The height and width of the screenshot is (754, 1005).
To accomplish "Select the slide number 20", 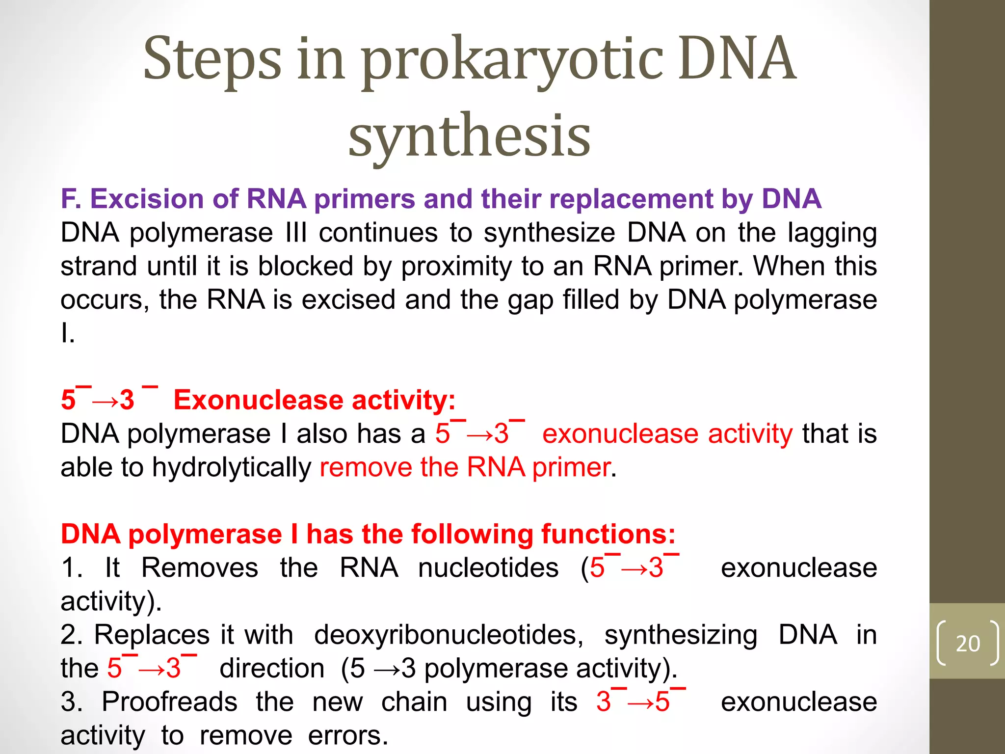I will (968, 644).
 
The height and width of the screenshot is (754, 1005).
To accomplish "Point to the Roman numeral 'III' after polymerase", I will (296, 233).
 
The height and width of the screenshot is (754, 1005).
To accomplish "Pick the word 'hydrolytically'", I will (232, 467).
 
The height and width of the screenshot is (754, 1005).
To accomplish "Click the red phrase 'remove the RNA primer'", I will (465, 467).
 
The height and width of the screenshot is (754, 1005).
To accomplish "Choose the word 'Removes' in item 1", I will (199, 568).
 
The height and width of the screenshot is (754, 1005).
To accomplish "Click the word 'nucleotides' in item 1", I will (488, 568).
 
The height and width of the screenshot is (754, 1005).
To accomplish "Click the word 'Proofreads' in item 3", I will (169, 702).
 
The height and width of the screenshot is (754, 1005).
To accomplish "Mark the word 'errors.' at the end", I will (348, 735).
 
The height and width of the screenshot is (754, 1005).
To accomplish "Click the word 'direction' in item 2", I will (272, 669).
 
